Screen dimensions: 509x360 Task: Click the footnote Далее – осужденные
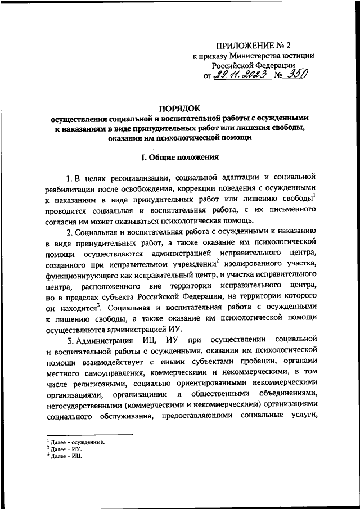pos(78,443)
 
